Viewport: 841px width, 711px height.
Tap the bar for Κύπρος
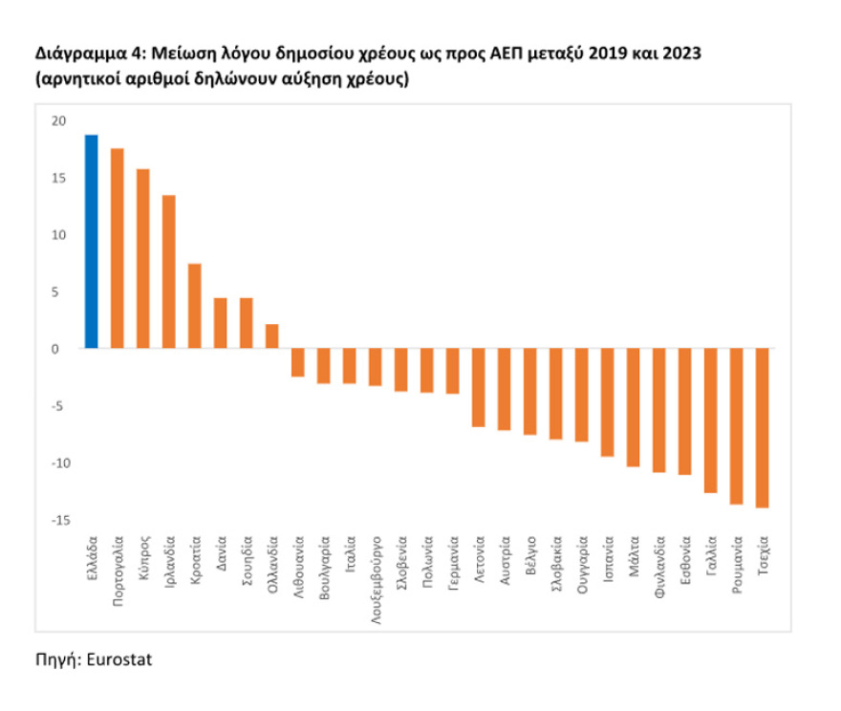(x=143, y=259)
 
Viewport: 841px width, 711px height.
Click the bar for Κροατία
(x=195, y=306)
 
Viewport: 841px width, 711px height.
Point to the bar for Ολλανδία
(x=272, y=336)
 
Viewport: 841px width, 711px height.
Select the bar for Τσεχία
(x=763, y=428)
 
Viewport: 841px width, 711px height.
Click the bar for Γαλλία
(x=711, y=420)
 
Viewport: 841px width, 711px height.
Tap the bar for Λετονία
(x=479, y=388)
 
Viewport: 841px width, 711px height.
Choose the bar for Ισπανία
(x=608, y=402)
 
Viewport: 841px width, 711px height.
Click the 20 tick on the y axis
(x=60, y=120)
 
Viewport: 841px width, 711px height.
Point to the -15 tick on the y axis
(x=58, y=520)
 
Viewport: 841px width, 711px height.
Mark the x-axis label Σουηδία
(x=247, y=569)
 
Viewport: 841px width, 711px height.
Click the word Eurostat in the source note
(x=119, y=660)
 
